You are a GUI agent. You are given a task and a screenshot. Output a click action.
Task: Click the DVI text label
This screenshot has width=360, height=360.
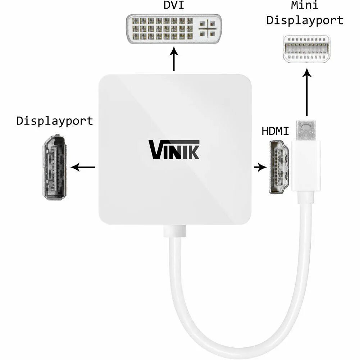click(x=174, y=6)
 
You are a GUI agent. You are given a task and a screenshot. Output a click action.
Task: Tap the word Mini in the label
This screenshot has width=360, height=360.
click(x=305, y=6)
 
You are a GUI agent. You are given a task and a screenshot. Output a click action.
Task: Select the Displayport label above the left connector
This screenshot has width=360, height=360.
click(x=55, y=121)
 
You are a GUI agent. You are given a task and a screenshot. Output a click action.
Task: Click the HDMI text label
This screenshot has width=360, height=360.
click(x=275, y=132)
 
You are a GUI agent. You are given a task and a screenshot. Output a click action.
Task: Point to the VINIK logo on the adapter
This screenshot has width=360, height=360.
click(x=174, y=150)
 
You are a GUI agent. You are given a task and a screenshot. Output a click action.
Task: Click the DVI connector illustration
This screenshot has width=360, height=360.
click(x=174, y=29)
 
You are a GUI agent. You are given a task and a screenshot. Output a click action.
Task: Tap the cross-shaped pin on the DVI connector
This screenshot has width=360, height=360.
click(x=208, y=28)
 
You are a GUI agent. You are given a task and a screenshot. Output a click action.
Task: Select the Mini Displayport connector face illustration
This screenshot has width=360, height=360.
click(x=306, y=49)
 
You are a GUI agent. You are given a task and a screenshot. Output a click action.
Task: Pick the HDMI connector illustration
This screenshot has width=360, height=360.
click(x=279, y=167)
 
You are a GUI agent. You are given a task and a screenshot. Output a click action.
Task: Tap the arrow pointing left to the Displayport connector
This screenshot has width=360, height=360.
click(x=83, y=167)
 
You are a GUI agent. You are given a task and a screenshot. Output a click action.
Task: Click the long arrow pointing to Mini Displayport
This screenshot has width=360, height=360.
click(x=307, y=92)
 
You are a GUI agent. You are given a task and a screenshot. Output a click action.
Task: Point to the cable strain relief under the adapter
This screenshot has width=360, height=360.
click(x=174, y=231)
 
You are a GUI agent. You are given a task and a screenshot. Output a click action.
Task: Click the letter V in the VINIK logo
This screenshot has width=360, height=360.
click(x=155, y=150)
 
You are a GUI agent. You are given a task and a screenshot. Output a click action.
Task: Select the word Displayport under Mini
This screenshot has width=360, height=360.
click(x=305, y=20)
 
